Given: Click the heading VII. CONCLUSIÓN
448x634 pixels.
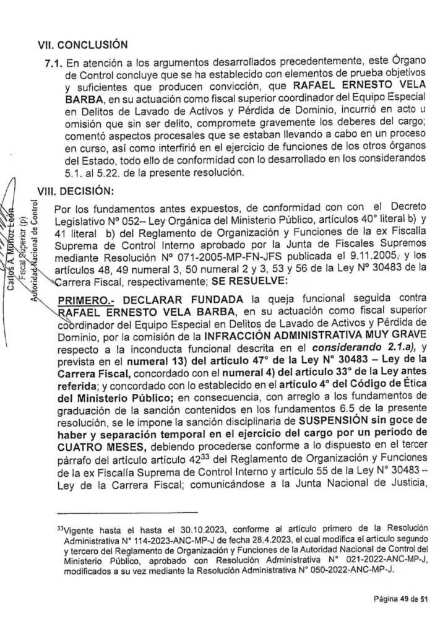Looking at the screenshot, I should (84, 44).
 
